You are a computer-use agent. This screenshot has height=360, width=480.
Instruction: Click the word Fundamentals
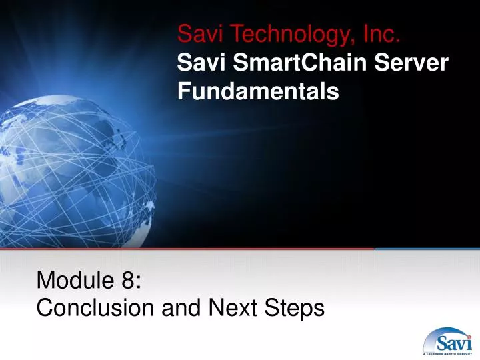pyautogui.click(x=258, y=92)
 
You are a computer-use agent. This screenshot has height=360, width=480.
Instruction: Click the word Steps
pyautogui.click(x=294, y=308)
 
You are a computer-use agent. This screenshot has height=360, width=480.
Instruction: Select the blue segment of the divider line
pyautogui.click(x=427, y=249)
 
